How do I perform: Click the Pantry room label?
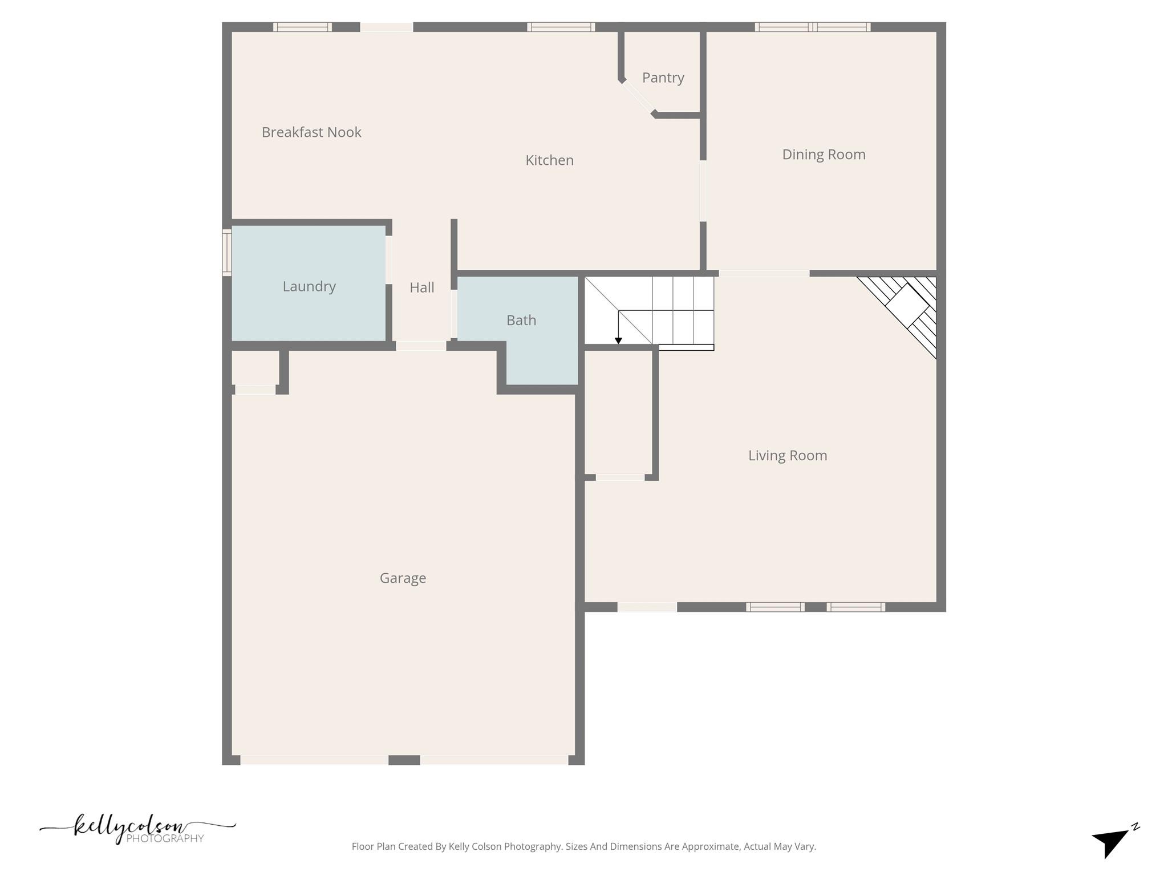(x=663, y=78)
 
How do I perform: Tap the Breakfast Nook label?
(x=311, y=132)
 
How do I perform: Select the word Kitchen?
(x=549, y=160)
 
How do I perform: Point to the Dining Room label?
(x=824, y=155)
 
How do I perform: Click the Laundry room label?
(x=309, y=286)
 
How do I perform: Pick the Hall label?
(x=421, y=287)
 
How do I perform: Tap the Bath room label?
(x=521, y=321)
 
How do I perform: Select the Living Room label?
(x=787, y=456)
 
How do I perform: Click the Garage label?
(x=403, y=578)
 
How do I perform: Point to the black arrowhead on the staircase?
(x=618, y=341)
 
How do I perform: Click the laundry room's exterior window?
(x=226, y=253)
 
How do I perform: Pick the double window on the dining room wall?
(x=813, y=27)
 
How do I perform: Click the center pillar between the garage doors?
(x=404, y=760)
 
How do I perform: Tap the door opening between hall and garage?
(x=421, y=346)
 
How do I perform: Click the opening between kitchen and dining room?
(x=703, y=191)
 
